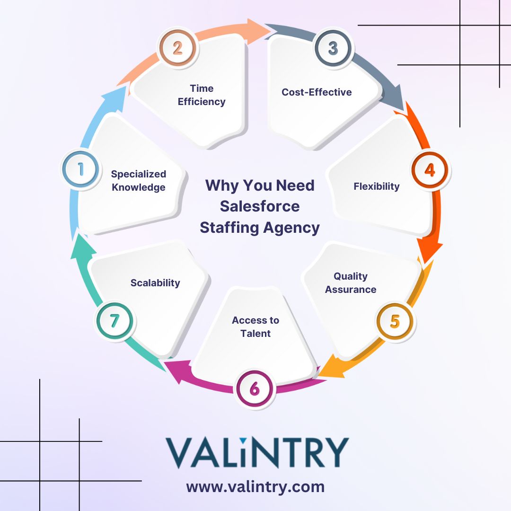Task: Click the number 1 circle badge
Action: [80, 169]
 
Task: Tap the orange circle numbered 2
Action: [177, 48]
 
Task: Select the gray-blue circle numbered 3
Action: [333, 48]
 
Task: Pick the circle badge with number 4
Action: [430, 170]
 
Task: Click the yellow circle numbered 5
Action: [395, 321]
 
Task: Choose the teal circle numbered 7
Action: [115, 321]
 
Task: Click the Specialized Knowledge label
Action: [139, 181]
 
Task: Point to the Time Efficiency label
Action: [202, 95]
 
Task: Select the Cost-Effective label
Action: [317, 92]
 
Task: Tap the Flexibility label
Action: [377, 186]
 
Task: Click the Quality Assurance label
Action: [351, 282]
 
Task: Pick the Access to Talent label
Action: [255, 326]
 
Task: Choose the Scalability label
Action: [155, 282]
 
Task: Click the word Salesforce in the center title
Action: [260, 206]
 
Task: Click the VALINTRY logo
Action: [257, 452]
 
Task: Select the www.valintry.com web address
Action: [255, 487]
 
